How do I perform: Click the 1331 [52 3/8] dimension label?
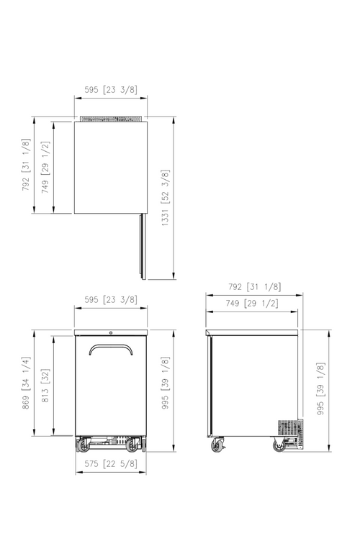166,198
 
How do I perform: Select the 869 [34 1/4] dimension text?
26,383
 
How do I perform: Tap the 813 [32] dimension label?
45,386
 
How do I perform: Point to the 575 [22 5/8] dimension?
111,463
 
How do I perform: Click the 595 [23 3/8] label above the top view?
111,90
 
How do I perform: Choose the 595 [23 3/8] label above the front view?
111,299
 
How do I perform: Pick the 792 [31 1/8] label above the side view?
255,286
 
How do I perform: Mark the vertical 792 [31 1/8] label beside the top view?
26,165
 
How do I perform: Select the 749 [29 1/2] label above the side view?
252,303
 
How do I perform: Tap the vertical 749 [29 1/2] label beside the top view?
45,167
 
